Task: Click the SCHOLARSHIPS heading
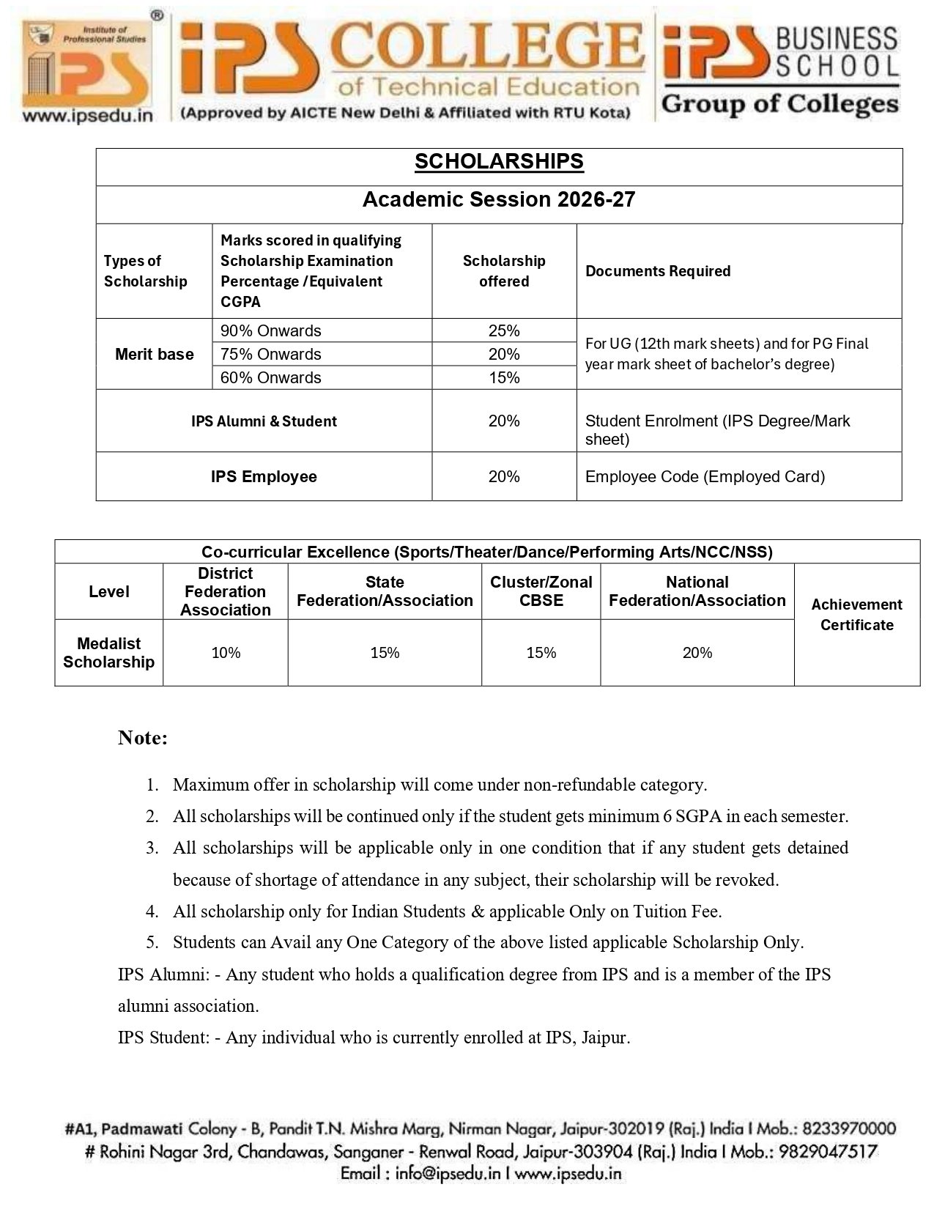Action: [499, 162]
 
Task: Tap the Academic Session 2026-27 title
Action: [499, 200]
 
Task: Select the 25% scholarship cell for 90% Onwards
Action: [504, 331]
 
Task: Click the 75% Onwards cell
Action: [271, 355]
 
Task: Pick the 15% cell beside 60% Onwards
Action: [504, 378]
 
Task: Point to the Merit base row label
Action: [155, 355]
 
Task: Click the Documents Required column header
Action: [658, 271]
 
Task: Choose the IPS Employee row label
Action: [264, 477]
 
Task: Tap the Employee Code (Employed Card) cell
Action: [705, 477]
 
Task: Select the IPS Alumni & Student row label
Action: [264, 421]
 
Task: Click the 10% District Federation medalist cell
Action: [226, 653]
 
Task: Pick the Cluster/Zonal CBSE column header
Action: [541, 591]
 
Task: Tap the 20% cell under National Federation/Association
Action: [697, 653]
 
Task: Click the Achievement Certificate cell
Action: [856, 615]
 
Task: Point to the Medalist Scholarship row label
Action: [108, 653]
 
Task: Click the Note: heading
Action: [143, 738]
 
